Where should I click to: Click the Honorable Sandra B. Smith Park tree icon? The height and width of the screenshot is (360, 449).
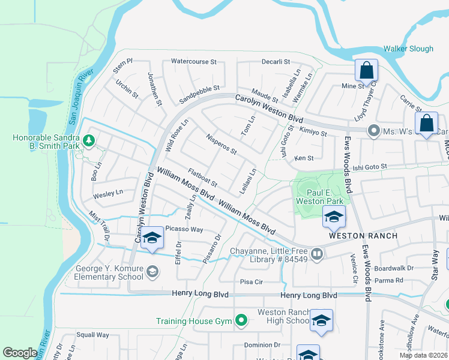click(x=89, y=140)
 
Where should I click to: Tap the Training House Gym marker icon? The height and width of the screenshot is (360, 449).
click(x=241, y=321)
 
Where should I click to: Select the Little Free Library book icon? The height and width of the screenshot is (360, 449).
click(x=318, y=254)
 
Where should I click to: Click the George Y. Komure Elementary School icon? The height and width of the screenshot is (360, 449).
click(x=152, y=272)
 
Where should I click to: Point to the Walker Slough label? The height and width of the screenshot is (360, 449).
click(x=408, y=48)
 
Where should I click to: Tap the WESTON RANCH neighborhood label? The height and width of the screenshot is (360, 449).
click(x=363, y=236)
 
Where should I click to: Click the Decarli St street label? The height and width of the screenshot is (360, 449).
click(x=276, y=61)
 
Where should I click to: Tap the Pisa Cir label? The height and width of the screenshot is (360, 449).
click(x=252, y=281)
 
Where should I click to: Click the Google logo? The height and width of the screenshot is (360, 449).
click(x=20, y=353)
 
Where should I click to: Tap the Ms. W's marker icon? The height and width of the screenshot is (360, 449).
click(x=373, y=130)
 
